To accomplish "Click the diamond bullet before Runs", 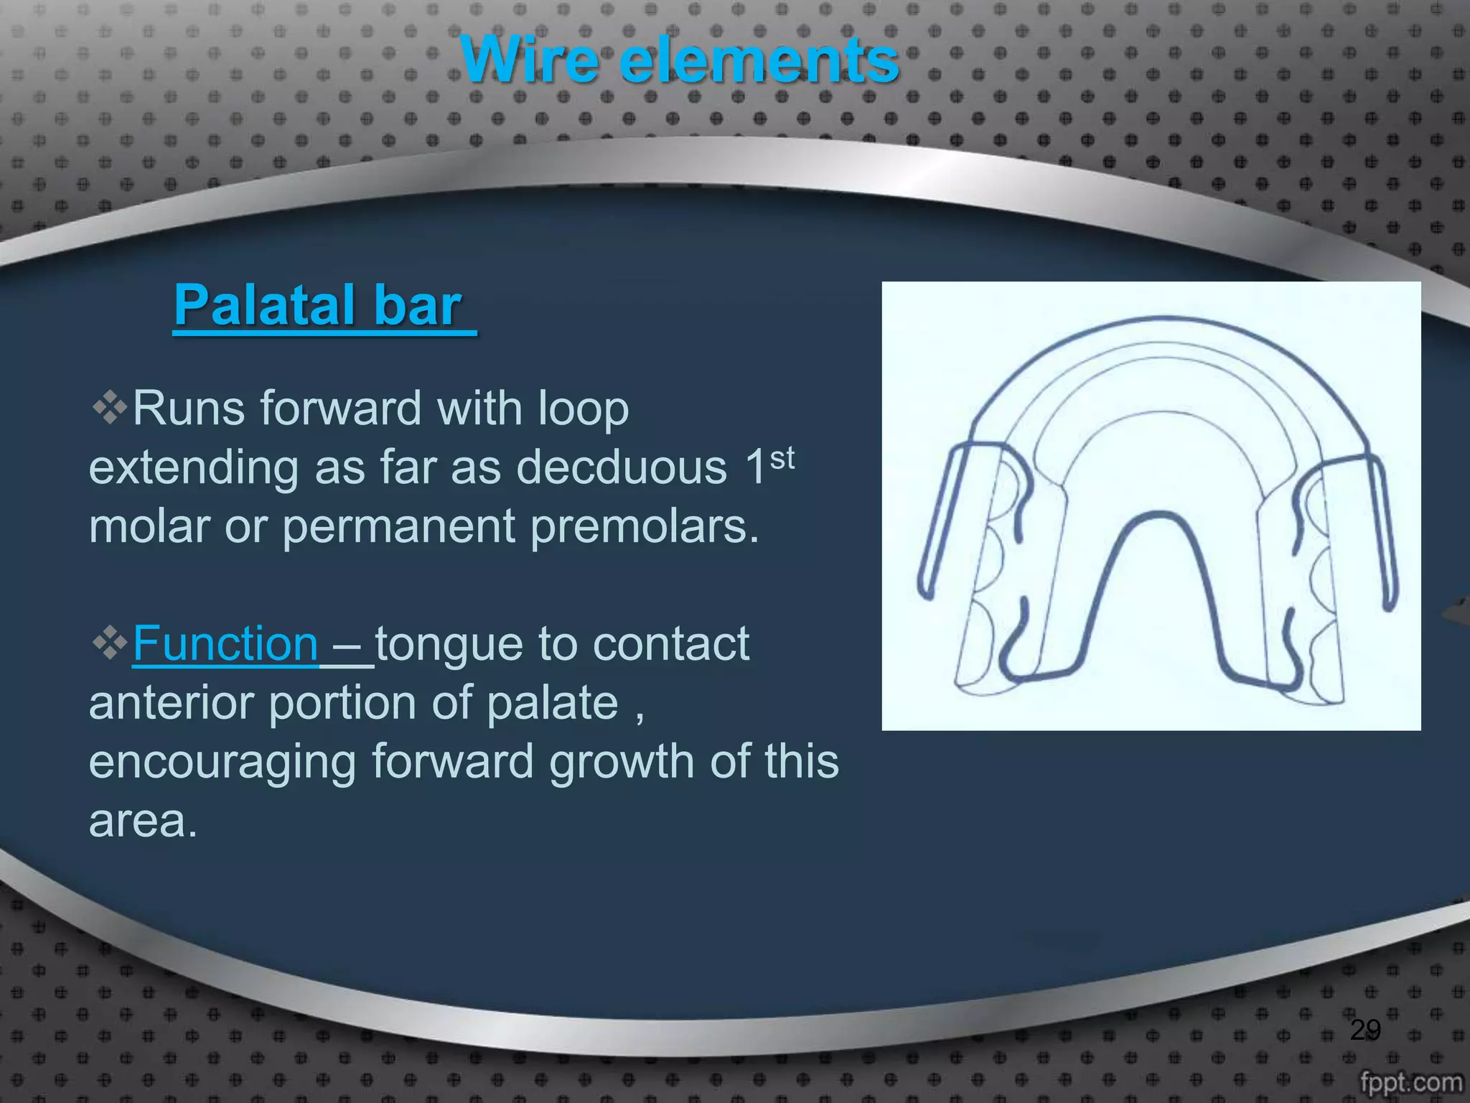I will pos(109,408).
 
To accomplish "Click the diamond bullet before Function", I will pos(109,643).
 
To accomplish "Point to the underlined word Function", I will pos(225,643).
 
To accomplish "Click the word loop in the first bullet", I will pos(583,409).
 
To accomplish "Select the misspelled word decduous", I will pos(622,467).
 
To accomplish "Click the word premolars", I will pos(644,526).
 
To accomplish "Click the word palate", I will pos(552,703).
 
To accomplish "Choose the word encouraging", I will pos(222,762).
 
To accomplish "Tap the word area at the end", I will pos(142,820).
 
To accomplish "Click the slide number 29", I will pos(1364,1030).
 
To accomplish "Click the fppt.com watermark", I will pos(1410,1081).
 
